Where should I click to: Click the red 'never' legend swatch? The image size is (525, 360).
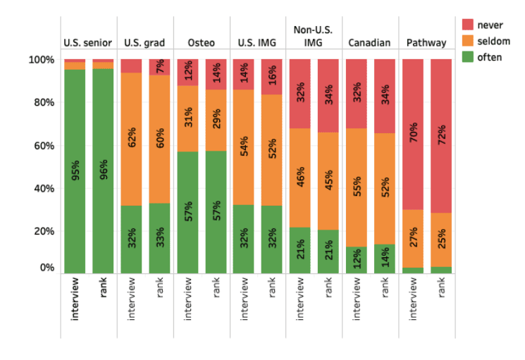(468, 25)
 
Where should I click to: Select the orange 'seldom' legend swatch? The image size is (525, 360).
(468, 41)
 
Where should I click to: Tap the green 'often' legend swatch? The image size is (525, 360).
(468, 57)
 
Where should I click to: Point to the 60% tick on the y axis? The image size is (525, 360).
(44, 146)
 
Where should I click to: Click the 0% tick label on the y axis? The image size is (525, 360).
(47, 267)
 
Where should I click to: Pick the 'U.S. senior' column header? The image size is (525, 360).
(87, 43)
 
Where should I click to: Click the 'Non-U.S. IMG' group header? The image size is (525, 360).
(313, 36)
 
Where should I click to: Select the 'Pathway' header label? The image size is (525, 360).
(426, 43)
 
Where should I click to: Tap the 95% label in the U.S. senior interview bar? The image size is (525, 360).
(75, 170)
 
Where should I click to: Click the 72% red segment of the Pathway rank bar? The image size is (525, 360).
(441, 136)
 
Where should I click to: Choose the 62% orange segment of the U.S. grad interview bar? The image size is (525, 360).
(131, 139)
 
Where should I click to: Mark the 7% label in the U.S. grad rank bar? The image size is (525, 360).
(160, 66)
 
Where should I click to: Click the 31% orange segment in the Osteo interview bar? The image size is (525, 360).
(188, 119)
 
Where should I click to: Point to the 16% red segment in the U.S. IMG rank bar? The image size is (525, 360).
(271, 77)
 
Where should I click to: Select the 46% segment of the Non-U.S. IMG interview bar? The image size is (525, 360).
(300, 178)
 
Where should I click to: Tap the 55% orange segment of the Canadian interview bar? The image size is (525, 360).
(357, 187)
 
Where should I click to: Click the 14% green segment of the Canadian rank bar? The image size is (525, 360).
(385, 259)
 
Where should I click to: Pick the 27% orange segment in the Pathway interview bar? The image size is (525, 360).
(413, 239)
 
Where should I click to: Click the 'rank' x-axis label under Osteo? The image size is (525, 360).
(216, 287)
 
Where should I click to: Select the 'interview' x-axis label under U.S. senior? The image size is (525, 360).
(75, 299)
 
